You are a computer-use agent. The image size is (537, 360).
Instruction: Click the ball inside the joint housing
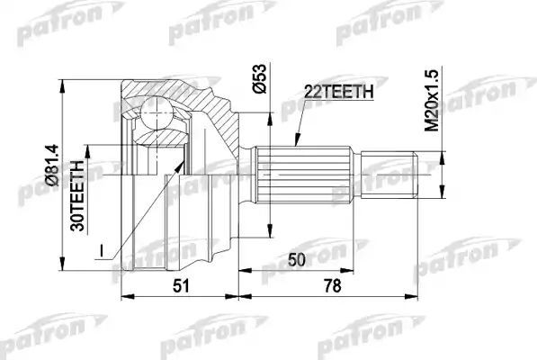158,114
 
